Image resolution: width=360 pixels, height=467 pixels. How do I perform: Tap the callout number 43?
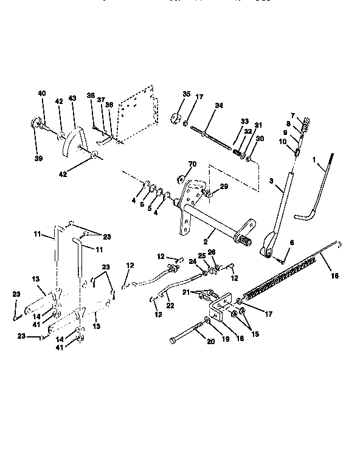72,99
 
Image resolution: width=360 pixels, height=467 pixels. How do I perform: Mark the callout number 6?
291,243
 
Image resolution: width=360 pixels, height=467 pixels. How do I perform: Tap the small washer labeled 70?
181,179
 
